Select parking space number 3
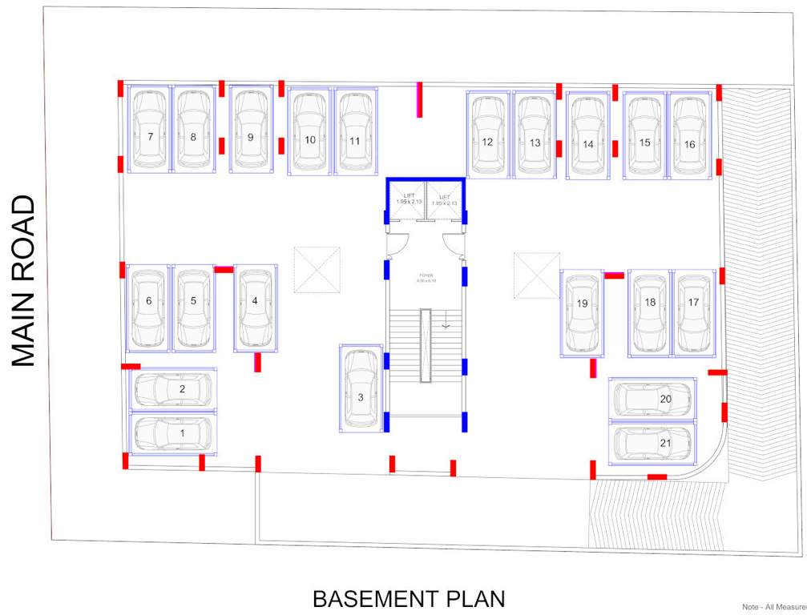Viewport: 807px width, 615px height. pyautogui.click(x=361, y=388)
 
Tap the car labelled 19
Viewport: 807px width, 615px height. pyautogui.click(x=582, y=313)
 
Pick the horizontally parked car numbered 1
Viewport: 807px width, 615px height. pyautogui.click(x=173, y=433)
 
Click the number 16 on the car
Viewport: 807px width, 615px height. pyautogui.click(x=689, y=144)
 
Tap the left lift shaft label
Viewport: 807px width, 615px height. pyautogui.click(x=405, y=200)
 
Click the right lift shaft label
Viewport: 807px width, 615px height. pyautogui.click(x=444, y=200)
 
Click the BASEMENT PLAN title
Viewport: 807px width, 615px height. pyautogui.click(x=409, y=599)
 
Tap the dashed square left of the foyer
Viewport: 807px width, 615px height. pyautogui.click(x=317, y=270)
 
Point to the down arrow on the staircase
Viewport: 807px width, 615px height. pyautogui.click(x=446, y=324)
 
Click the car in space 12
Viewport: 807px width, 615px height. pyautogui.click(x=487, y=134)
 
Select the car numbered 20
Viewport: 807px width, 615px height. pyautogui.click(x=652, y=399)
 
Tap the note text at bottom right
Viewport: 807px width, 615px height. pyautogui.click(x=773, y=607)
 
